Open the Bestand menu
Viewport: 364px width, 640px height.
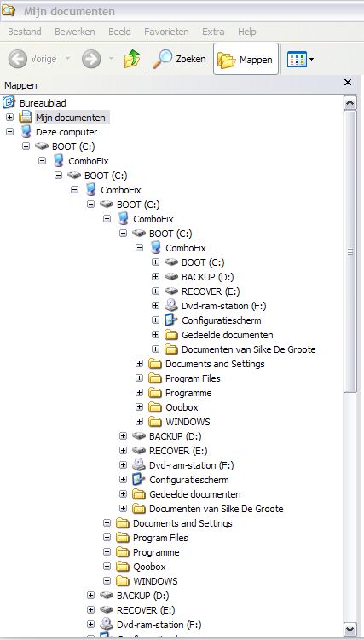(25, 32)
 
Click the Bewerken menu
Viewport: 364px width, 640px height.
(75, 32)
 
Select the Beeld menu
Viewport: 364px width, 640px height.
(119, 32)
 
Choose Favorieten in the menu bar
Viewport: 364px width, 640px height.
(166, 32)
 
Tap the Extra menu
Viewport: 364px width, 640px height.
(213, 32)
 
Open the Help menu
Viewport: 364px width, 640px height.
(247, 32)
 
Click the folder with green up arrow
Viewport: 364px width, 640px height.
(132, 59)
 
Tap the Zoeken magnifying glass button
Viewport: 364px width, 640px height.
(179, 59)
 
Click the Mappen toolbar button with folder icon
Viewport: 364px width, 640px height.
(246, 59)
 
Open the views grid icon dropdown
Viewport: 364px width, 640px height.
(301, 59)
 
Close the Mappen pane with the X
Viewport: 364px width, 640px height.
(348, 83)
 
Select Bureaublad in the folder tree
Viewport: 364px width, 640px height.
(43, 103)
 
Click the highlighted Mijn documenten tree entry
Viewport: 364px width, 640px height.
(71, 118)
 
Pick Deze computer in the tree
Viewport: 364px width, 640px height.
(66, 132)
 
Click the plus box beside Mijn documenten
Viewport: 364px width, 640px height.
(9, 118)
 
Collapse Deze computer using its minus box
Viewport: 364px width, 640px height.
(9, 132)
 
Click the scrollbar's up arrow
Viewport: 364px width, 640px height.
(350, 102)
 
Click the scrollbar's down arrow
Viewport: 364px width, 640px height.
(350, 629)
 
